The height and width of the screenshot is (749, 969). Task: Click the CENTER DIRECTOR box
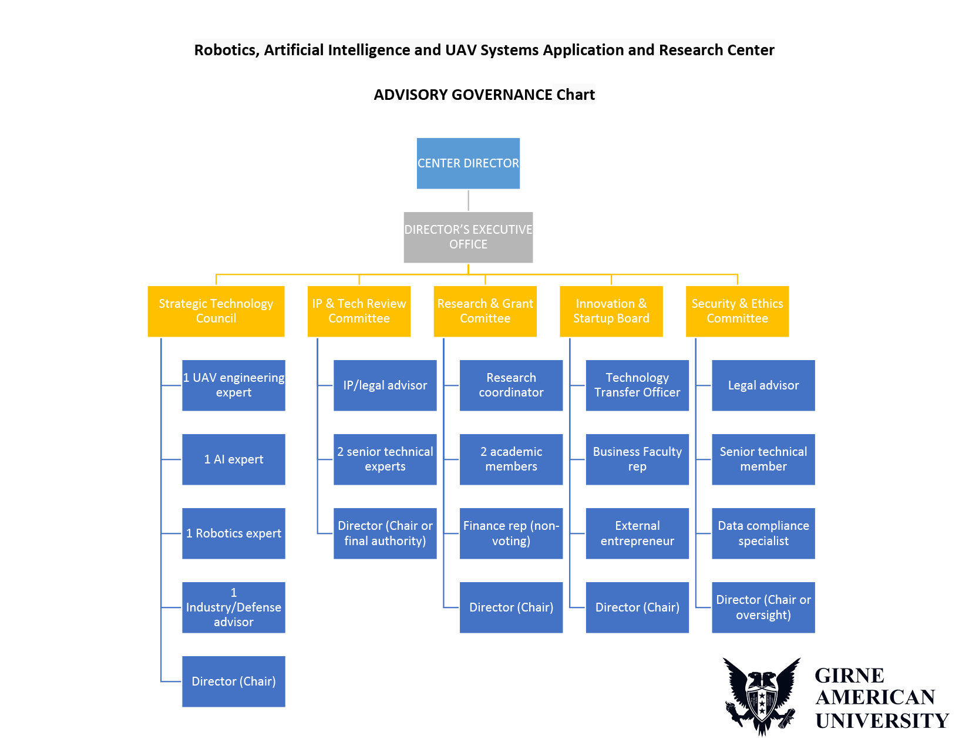coord(468,163)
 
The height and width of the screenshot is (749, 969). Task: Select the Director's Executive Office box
coord(468,237)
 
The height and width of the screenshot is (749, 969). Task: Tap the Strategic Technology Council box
coord(216,311)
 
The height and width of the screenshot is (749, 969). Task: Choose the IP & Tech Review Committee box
coord(359,311)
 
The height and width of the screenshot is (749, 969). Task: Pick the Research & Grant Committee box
coord(485,311)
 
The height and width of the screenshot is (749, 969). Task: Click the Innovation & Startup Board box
coord(611,311)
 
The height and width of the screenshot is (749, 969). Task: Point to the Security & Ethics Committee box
coord(737,311)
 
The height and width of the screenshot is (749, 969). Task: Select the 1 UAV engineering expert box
coord(234,385)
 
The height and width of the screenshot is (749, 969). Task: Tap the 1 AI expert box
coord(234,459)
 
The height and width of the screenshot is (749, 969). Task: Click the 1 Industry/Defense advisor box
coord(234,607)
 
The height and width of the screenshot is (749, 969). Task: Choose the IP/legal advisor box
coord(385,385)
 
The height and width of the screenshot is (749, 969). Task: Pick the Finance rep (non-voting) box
coord(511,533)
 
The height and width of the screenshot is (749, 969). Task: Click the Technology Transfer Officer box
coord(637,385)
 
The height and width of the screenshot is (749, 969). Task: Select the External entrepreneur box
coord(637,533)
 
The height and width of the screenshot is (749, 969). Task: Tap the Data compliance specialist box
coord(763,533)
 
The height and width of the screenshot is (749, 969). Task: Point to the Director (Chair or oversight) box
coord(763,607)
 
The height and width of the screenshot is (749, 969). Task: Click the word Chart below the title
coord(575,95)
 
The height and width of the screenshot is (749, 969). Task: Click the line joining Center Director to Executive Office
coord(468,200)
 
